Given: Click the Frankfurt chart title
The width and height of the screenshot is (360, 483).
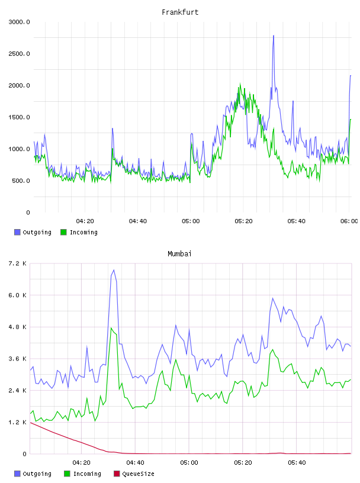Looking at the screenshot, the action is click(180, 12).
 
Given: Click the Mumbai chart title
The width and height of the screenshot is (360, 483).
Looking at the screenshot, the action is click(179, 254).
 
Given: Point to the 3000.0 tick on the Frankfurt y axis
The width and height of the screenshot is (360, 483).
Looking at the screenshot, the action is click(19, 22).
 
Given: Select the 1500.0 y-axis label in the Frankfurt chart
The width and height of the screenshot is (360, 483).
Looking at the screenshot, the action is click(19, 117).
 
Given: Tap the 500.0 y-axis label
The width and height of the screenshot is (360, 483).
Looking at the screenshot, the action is click(21, 181).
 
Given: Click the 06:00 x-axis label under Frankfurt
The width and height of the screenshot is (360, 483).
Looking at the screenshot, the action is click(349, 221).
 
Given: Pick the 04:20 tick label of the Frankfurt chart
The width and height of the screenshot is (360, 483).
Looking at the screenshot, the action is click(85, 221).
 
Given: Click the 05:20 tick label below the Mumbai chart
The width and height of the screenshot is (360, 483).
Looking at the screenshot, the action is click(243, 463).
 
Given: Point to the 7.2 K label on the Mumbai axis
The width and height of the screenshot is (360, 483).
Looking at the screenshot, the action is click(18, 263).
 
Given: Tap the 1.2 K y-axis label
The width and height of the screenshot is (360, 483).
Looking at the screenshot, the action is click(18, 422).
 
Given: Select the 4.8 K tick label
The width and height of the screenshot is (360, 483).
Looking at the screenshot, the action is click(18, 327).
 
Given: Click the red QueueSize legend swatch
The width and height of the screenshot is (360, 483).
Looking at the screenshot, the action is click(117, 474).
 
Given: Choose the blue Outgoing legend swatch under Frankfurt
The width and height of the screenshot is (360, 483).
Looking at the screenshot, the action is click(17, 232).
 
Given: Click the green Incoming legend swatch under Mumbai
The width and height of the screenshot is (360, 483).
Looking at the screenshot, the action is click(67, 474).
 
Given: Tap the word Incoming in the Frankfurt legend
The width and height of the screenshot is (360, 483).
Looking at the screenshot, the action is click(83, 233).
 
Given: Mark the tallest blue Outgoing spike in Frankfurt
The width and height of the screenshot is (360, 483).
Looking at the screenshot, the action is click(274, 36).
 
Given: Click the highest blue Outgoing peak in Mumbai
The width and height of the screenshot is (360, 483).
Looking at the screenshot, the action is click(114, 270).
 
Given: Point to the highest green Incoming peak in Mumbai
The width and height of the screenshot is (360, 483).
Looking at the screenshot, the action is click(111, 328).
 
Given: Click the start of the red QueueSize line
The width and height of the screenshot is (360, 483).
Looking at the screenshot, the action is click(30, 422).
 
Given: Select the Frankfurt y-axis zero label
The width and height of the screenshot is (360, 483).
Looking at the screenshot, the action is click(28, 212).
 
